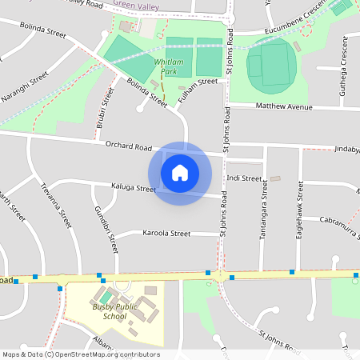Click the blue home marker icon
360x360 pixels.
[x=180, y=173]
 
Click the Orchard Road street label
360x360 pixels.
[x=128, y=146]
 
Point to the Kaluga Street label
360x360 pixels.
[x=134, y=189]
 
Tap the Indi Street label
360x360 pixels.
[x=244, y=178]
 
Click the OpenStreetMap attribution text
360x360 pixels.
[x=81, y=354]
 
